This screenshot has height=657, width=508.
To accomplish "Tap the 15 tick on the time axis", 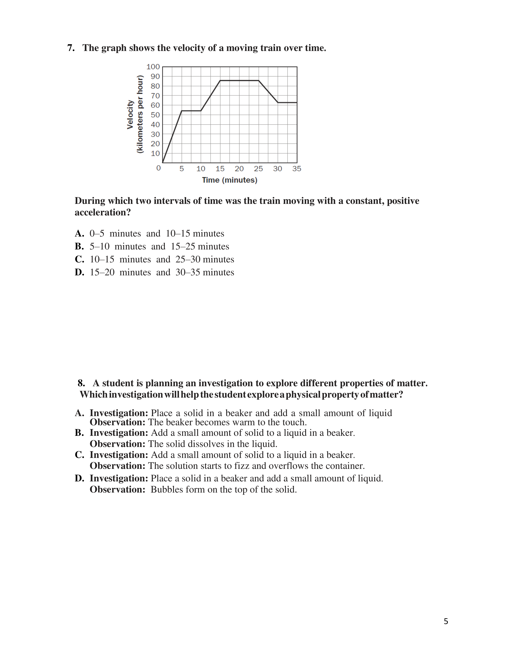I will point(220,169).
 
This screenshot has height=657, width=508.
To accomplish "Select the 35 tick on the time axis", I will point(297,169).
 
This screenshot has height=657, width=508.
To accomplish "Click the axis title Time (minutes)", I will point(230,180).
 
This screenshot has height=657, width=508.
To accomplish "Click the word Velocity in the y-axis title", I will point(130,115).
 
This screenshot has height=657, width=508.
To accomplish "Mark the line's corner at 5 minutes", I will point(182,111).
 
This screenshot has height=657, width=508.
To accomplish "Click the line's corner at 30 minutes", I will point(278,103).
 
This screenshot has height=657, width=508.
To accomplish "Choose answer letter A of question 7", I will point(79,234).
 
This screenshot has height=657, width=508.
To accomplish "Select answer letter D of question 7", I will point(79,272).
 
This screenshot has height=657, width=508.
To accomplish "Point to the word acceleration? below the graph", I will point(103,212).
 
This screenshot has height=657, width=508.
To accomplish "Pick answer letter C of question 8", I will point(79,455).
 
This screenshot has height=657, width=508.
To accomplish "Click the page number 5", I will point(446,621).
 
